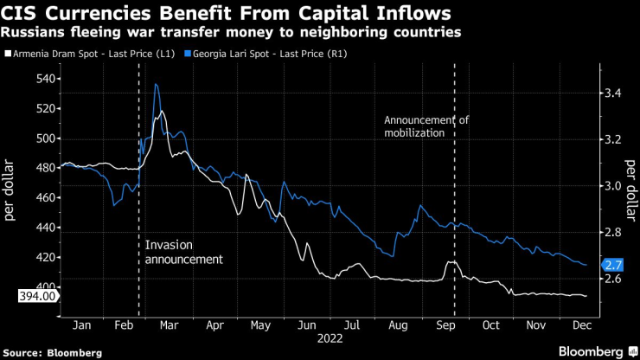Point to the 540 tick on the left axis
tap(45, 79)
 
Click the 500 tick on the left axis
tap(45, 138)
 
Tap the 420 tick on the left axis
tap(45, 257)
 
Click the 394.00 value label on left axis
tap(36, 296)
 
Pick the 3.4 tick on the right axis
tap(612, 93)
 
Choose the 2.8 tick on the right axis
tap(612, 233)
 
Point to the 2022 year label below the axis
tap(330, 341)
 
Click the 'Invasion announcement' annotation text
tap(184, 252)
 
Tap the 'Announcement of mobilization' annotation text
tap(426, 126)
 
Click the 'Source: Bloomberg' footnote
tap(52, 352)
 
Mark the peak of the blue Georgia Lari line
tap(156, 84)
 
